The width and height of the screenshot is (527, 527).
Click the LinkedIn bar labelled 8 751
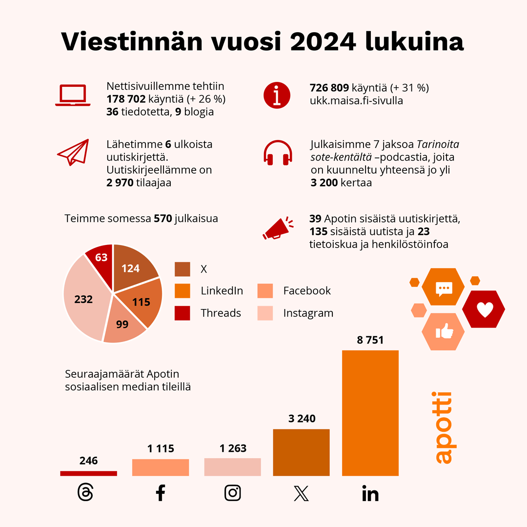(370, 413)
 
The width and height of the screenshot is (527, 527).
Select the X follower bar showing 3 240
(301, 452)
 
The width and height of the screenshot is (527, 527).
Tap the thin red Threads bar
(88, 473)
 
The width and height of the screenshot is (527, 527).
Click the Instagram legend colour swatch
(265, 313)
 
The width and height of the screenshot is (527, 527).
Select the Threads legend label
(221, 313)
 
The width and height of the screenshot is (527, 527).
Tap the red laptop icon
(73, 95)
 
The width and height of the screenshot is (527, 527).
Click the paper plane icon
(73, 152)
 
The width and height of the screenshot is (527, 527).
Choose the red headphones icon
(278, 152)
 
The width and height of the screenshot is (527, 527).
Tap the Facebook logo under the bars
(160, 493)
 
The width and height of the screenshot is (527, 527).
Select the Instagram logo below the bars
(233, 493)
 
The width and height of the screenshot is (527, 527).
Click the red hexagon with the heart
(484, 309)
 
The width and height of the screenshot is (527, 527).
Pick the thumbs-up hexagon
(443, 332)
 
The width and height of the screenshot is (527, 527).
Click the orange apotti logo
(443, 427)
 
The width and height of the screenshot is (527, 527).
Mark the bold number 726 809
(329, 88)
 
